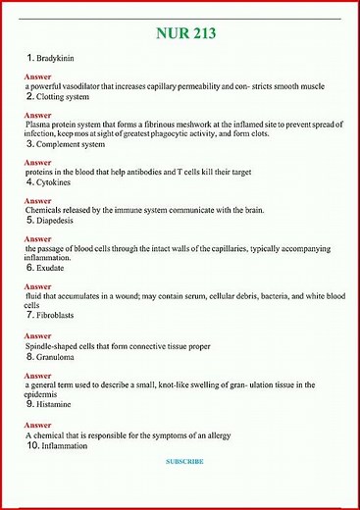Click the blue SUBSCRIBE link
click(184, 461)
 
